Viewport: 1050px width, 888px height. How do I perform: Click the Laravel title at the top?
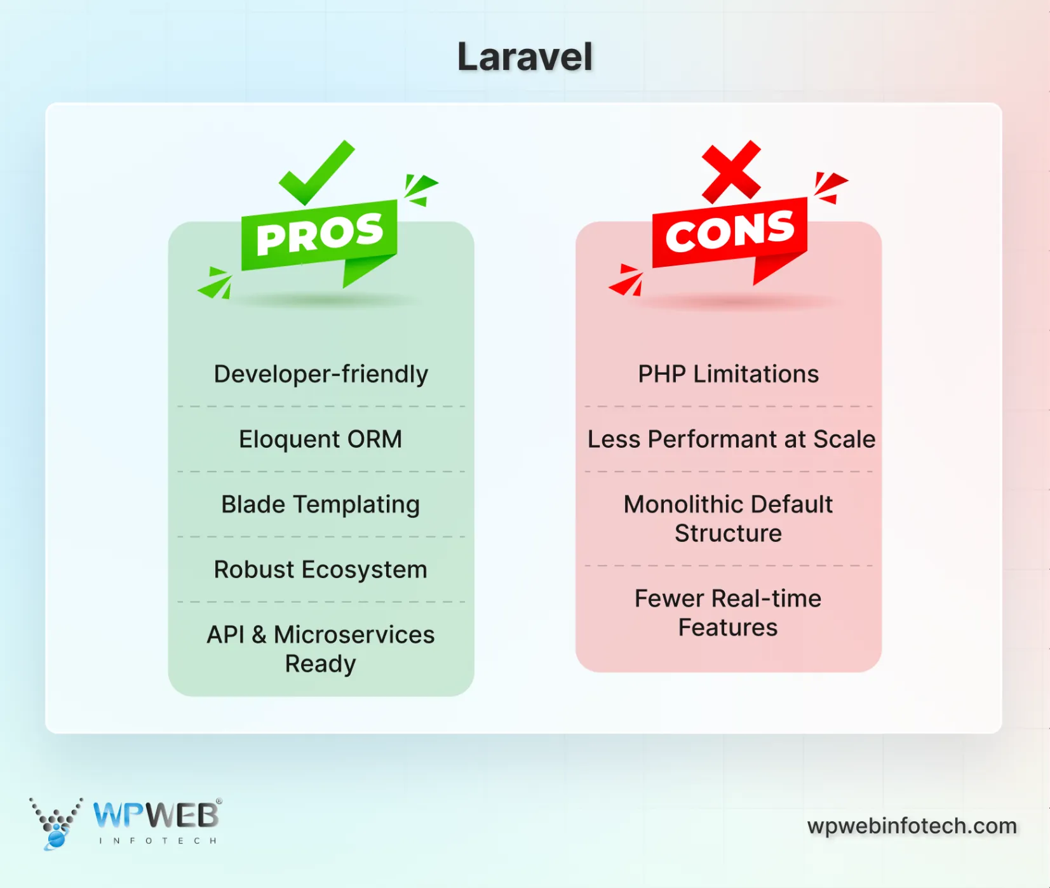(525, 57)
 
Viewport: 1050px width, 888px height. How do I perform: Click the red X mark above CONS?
(731, 171)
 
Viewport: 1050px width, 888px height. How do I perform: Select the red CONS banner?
(730, 232)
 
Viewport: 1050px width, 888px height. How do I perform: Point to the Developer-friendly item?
(321, 374)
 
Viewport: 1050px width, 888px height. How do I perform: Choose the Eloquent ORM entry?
(321, 439)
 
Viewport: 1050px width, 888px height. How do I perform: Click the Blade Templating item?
(321, 504)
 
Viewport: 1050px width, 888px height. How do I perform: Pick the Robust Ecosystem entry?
(321, 570)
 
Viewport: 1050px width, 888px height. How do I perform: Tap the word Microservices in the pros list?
(354, 635)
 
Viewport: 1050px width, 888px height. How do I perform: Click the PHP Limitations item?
(729, 374)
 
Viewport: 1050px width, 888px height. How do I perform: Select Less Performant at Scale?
(731, 439)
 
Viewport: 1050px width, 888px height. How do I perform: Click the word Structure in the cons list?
(728, 534)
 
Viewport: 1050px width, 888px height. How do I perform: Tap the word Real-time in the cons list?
(766, 598)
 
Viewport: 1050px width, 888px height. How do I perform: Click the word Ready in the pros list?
(321, 664)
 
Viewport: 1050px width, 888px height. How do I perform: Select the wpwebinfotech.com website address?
(912, 826)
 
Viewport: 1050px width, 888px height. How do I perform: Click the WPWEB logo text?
(156, 815)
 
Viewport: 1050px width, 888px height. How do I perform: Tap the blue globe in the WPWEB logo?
(56, 839)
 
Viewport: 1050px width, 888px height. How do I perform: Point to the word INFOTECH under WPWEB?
(158, 841)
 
